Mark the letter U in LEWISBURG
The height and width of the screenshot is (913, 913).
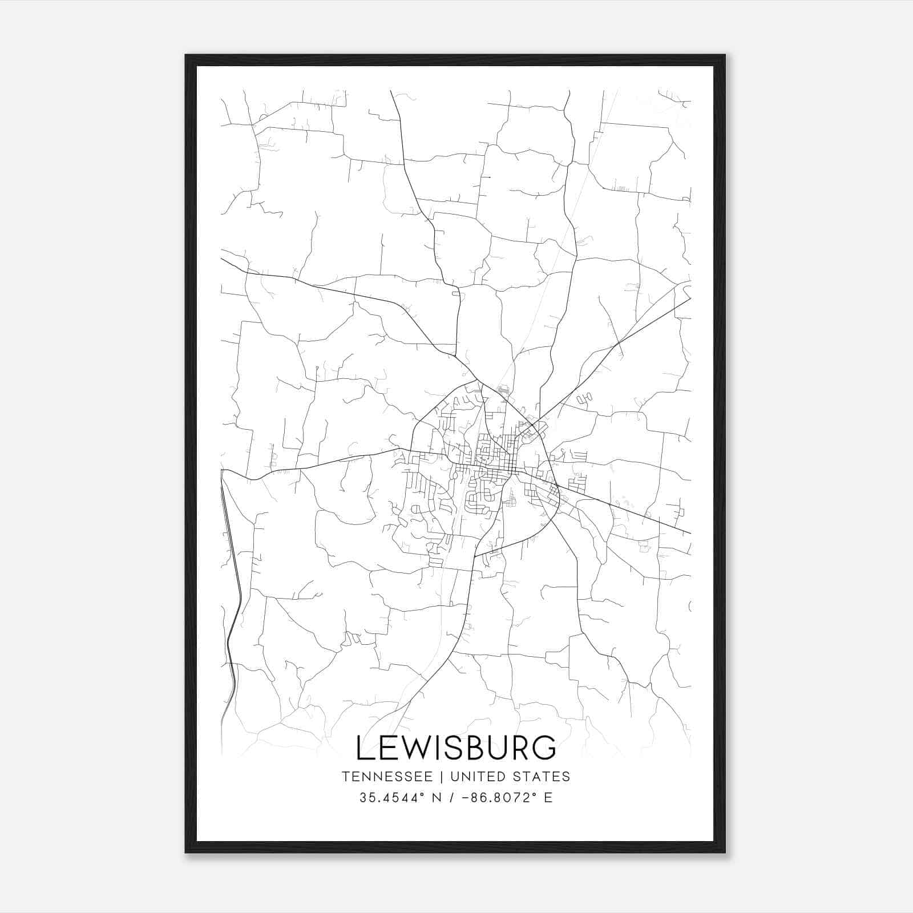tap(502, 748)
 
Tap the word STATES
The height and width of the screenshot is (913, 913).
tap(544, 777)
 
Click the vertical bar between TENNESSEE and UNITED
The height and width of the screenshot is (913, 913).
tap(445, 777)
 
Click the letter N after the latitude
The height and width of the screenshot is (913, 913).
tap(438, 798)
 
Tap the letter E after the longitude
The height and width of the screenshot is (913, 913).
tap(548, 798)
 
